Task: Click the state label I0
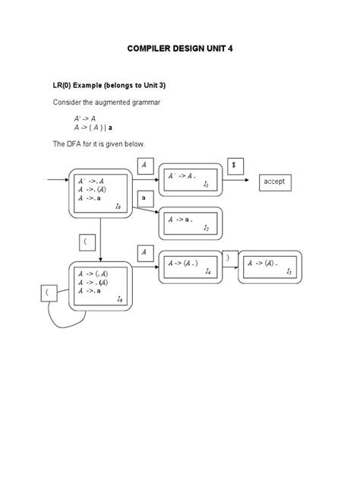pos(118,206)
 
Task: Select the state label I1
pos(207,184)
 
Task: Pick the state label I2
pos(207,227)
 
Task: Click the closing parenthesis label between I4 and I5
pos(227,258)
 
